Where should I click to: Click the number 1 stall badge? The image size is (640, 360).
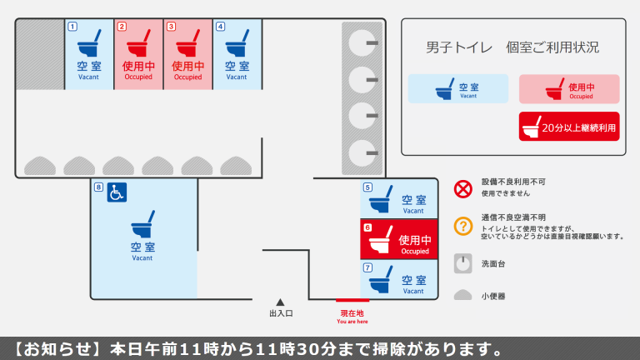pyautogui.click(x=72, y=27)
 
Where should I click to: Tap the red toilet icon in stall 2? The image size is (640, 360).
pyautogui.click(x=139, y=42)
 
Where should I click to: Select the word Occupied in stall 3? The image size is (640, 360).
pyautogui.click(x=187, y=77)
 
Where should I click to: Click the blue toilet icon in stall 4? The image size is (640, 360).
pyautogui.click(x=237, y=42)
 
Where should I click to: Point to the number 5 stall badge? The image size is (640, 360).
pyautogui.click(x=367, y=187)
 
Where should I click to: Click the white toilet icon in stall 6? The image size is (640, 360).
pyautogui.click(x=380, y=239)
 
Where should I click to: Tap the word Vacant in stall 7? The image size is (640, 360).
pyautogui.click(x=413, y=291)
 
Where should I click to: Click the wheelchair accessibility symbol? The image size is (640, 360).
pyautogui.click(x=117, y=192)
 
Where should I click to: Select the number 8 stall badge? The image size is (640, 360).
pyautogui.click(x=98, y=187)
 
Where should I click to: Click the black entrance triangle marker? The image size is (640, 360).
pyautogui.click(x=280, y=302)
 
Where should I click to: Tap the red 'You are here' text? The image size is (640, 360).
pyautogui.click(x=352, y=322)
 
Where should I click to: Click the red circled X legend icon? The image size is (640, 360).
pyautogui.click(x=462, y=189)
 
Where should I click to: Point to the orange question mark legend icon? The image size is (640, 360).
pyautogui.click(x=462, y=226)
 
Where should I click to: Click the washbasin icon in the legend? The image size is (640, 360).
pyautogui.click(x=462, y=263)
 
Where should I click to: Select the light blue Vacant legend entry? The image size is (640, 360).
pyautogui.click(x=458, y=88)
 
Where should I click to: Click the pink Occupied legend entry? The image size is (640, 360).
pyautogui.click(x=569, y=88)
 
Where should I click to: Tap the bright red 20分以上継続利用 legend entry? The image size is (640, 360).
pyautogui.click(x=569, y=127)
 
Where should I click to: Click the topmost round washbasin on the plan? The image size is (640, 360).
pyautogui.click(x=362, y=42)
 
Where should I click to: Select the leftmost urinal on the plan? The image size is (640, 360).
pyautogui.click(x=40, y=166)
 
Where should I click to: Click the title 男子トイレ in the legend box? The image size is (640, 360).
pyautogui.click(x=459, y=47)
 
